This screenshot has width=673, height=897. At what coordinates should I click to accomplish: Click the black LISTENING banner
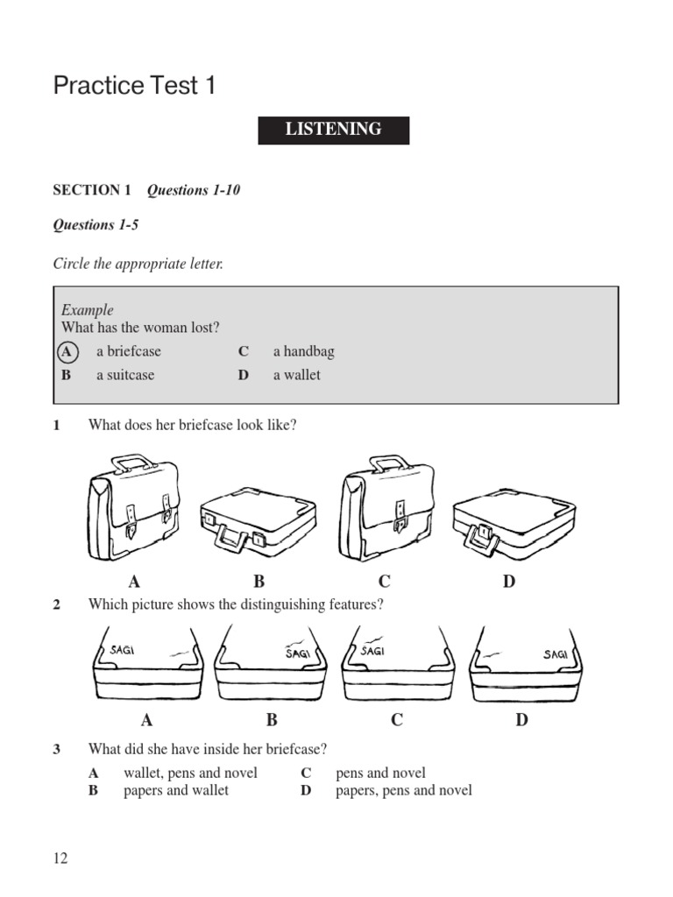(x=333, y=130)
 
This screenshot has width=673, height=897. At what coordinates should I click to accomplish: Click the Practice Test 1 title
(x=134, y=86)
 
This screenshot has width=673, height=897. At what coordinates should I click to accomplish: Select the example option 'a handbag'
(x=303, y=351)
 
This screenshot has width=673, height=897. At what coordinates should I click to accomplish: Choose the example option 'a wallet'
(x=296, y=375)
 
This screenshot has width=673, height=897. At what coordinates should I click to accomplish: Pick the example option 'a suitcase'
(x=124, y=375)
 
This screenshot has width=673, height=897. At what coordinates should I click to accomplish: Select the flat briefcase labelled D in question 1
(x=513, y=522)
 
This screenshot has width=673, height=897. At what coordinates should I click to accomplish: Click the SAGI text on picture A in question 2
(x=127, y=650)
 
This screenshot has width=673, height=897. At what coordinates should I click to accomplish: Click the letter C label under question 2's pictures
(x=397, y=720)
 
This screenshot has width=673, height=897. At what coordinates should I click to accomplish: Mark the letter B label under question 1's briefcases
(x=259, y=581)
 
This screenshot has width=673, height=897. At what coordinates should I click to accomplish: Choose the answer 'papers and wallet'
(x=175, y=790)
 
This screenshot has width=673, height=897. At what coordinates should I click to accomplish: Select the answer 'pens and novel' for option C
(x=380, y=773)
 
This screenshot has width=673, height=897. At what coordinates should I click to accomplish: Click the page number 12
(x=60, y=858)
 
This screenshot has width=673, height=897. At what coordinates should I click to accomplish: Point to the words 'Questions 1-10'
(x=193, y=190)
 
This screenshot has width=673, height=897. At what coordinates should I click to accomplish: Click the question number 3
(x=57, y=749)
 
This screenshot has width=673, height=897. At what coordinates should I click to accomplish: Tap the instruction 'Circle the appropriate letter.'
(x=138, y=264)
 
